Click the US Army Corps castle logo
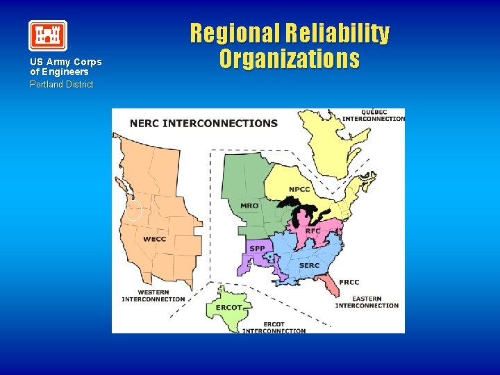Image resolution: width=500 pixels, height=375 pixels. point(48,35)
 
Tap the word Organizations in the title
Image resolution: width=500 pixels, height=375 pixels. point(290,58)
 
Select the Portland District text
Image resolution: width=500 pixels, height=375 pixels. point(61,84)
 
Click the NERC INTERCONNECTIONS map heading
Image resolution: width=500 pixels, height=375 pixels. point(203,124)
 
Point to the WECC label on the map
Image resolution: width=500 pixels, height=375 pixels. point(154,239)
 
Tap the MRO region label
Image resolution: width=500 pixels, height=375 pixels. point(249,206)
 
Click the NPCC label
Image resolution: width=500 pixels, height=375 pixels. point(299,190)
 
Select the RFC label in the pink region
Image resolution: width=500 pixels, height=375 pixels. point(313,231)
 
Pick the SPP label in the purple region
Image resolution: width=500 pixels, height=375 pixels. point(257,248)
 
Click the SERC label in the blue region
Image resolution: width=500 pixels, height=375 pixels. point(309,265)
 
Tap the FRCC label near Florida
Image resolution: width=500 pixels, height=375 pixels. point(349,282)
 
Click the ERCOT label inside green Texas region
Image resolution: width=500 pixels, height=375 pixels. point(229,307)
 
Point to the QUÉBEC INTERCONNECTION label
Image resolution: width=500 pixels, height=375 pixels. point(373,115)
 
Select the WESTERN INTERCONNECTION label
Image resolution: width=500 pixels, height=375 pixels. point(153,296)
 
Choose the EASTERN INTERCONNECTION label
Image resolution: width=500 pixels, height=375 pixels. point(367,302)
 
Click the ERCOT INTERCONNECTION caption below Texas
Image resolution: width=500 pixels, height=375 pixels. point(274,327)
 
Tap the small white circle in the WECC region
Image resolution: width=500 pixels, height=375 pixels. point(133,211)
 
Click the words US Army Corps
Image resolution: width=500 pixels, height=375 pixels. point(65,62)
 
